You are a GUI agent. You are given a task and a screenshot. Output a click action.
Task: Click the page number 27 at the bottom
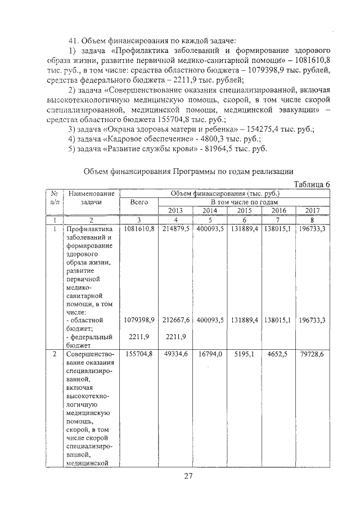(188, 477)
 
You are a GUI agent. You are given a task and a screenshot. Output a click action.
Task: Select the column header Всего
(138, 201)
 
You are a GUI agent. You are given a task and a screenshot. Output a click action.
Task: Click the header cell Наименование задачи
(91, 197)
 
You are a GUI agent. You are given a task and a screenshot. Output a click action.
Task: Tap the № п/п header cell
(54, 197)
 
